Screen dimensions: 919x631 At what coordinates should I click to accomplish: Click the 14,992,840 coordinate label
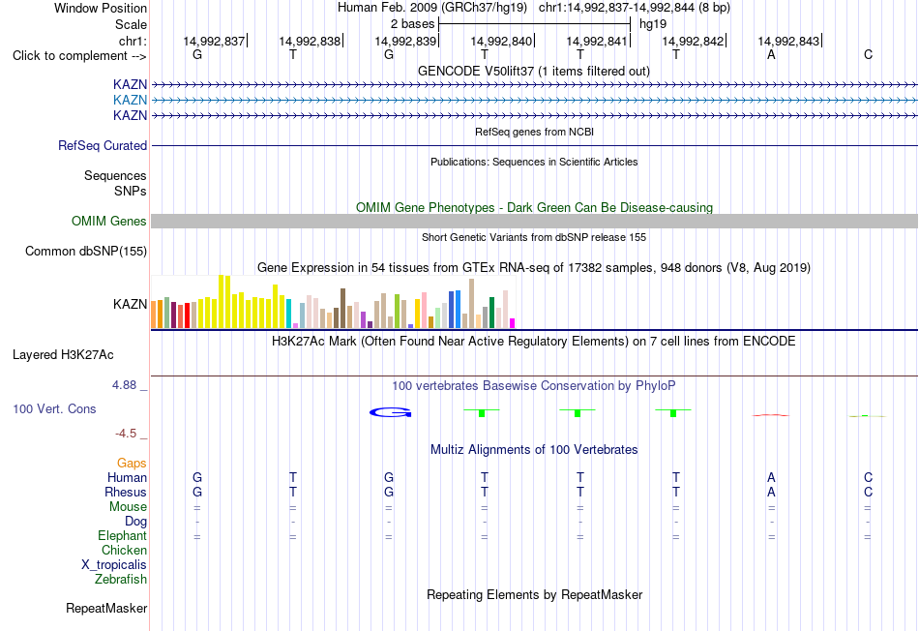pos(501,41)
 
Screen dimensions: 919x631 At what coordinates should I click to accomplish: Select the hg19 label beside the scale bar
pos(653,24)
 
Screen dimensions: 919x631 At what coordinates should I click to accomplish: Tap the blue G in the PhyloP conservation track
pos(391,413)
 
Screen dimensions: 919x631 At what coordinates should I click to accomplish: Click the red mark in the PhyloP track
pos(771,415)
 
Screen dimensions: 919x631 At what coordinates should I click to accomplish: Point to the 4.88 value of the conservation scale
pos(124,385)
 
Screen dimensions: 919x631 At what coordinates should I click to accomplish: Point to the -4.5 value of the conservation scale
pos(126,434)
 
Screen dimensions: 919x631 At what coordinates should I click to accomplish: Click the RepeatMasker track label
pos(106,608)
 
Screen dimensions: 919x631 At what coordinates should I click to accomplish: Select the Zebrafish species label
pos(121,580)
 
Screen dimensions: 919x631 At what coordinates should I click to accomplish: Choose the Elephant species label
pos(123,535)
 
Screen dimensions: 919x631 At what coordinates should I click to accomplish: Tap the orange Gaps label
pos(132,464)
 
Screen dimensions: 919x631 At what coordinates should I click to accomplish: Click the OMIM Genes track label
pos(109,221)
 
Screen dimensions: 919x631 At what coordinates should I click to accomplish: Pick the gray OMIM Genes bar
pos(534,221)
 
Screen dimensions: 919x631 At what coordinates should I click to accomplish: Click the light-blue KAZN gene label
pos(131,100)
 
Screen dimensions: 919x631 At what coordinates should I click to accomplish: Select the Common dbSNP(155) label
pos(86,251)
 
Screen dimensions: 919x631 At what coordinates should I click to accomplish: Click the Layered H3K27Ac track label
pos(63,355)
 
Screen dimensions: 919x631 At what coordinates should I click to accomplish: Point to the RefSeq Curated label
pos(103,145)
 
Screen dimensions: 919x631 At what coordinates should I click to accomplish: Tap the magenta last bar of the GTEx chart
pos(513,323)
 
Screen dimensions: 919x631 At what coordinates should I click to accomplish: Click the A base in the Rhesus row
pos(771,492)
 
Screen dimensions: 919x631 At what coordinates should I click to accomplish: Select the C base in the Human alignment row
pos(868,477)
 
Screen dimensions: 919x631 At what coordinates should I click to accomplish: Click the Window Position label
pos(101,8)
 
